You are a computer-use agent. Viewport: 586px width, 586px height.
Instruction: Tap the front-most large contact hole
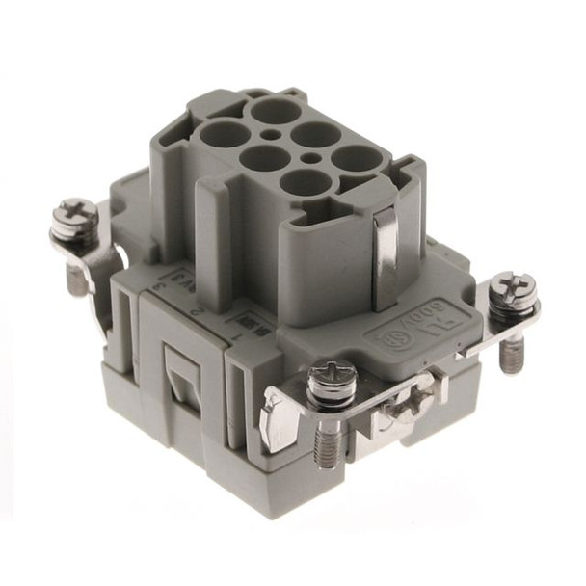[306, 182]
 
